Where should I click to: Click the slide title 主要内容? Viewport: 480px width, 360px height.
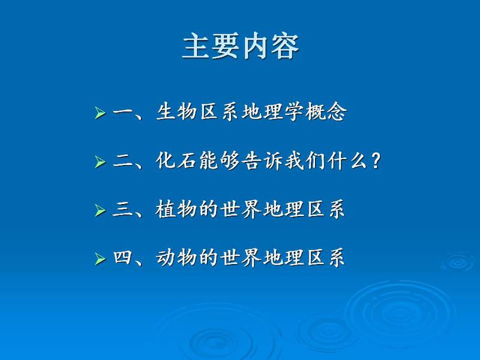point(241,47)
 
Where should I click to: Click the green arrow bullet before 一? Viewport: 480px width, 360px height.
point(100,113)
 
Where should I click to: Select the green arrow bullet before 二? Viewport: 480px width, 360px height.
point(100,161)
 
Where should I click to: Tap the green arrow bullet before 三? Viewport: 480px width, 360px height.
point(100,211)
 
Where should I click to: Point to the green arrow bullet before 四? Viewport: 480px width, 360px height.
point(100,259)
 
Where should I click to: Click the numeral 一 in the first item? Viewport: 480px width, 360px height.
point(122,112)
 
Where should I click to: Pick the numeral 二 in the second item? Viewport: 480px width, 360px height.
point(122,160)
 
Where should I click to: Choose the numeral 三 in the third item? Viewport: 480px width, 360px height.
point(122,209)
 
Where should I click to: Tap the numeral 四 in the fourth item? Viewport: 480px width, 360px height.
point(122,257)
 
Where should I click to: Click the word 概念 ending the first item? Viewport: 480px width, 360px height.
point(326,112)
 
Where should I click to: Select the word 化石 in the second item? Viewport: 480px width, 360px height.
point(176,160)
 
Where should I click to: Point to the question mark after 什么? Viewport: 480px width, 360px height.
point(376,161)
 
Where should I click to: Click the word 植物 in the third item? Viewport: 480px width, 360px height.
point(176,209)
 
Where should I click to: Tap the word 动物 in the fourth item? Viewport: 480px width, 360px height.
point(176,258)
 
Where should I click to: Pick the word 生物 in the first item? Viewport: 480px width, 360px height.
point(176,112)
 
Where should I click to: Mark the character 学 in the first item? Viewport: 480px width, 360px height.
point(294,112)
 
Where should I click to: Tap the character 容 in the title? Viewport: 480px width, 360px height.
point(284,47)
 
